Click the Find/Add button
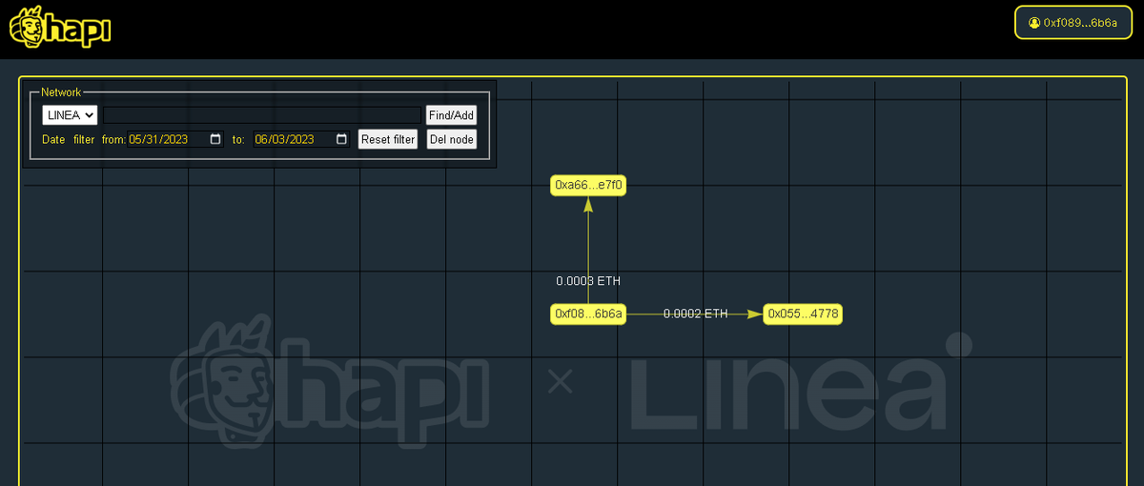click(452, 115)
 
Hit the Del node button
click(452, 139)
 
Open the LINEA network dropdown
click(70, 115)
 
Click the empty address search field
click(262, 115)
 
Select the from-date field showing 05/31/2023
click(175, 139)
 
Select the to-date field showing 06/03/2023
click(301, 139)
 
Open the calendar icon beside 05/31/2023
click(215, 139)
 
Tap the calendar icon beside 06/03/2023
click(341, 139)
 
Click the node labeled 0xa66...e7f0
click(588, 185)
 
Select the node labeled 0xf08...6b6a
click(588, 314)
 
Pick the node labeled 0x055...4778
click(803, 314)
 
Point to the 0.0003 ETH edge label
click(588, 281)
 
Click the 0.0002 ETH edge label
click(696, 314)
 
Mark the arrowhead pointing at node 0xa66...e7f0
click(588, 205)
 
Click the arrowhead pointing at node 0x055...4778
click(755, 314)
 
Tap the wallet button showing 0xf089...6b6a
click(1073, 23)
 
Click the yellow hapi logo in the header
click(60, 27)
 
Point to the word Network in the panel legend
click(61, 92)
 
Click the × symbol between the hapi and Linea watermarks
click(560, 381)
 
